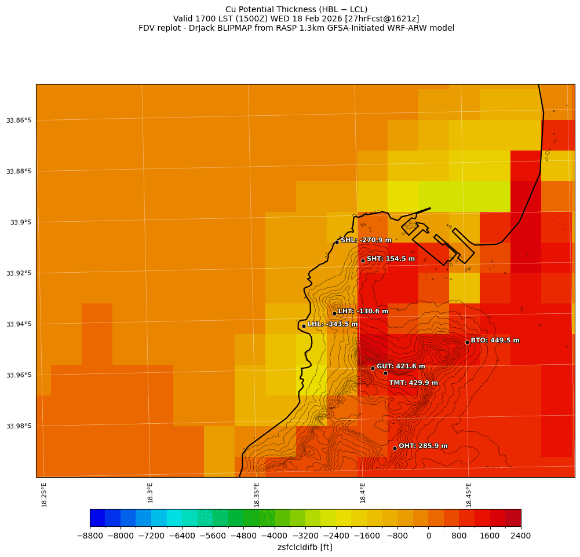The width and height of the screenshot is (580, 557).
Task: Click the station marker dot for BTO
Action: tap(467, 342)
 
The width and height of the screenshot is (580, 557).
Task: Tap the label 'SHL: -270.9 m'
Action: tap(366, 240)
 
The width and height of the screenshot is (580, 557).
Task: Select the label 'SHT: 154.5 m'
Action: tap(391, 259)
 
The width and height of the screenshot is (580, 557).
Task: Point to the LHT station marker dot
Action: tap(334, 313)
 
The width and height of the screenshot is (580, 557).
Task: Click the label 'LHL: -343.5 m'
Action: tap(333, 324)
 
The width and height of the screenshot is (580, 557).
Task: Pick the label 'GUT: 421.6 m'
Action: tap(400, 367)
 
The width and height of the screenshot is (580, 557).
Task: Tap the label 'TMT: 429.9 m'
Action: tap(413, 383)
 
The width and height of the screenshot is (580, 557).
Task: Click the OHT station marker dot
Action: tap(395, 448)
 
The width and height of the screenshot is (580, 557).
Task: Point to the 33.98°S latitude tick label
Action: tap(19, 426)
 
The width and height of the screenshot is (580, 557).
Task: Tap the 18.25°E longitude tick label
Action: tap(44, 494)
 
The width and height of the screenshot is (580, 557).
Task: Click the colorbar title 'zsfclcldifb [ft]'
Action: tap(305, 547)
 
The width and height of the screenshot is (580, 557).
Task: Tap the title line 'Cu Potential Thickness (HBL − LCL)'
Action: tap(296, 9)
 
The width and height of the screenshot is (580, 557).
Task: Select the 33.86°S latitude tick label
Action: tap(19, 120)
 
